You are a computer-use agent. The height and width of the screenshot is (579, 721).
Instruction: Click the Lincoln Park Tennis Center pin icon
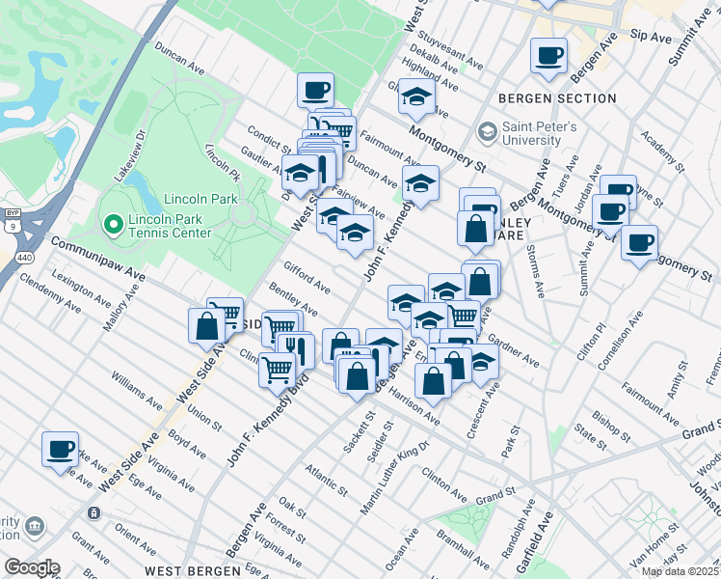click(x=112, y=225)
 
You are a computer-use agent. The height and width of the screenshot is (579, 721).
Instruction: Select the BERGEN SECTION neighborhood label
click(x=557, y=98)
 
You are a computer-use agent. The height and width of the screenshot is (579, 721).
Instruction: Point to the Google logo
click(x=32, y=567)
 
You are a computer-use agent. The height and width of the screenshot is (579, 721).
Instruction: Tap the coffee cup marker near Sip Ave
click(x=548, y=56)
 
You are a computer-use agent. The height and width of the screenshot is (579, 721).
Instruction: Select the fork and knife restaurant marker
click(x=295, y=350)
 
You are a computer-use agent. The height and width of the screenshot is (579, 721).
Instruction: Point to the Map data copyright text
click(x=680, y=571)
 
